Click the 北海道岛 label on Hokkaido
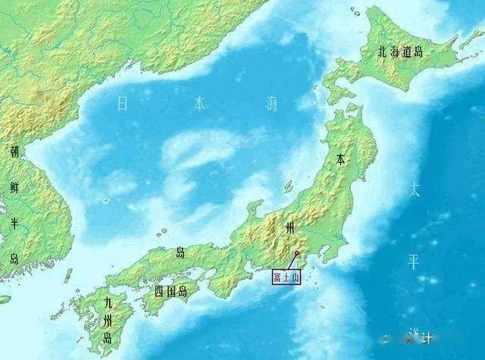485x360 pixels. point(402,52)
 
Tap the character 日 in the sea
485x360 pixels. point(123,104)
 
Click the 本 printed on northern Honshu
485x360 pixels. point(341,160)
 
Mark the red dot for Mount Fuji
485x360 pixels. point(297,253)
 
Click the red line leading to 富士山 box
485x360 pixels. point(292,261)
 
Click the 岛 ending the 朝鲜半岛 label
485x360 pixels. point(14,258)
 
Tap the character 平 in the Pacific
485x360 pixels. point(413,261)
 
